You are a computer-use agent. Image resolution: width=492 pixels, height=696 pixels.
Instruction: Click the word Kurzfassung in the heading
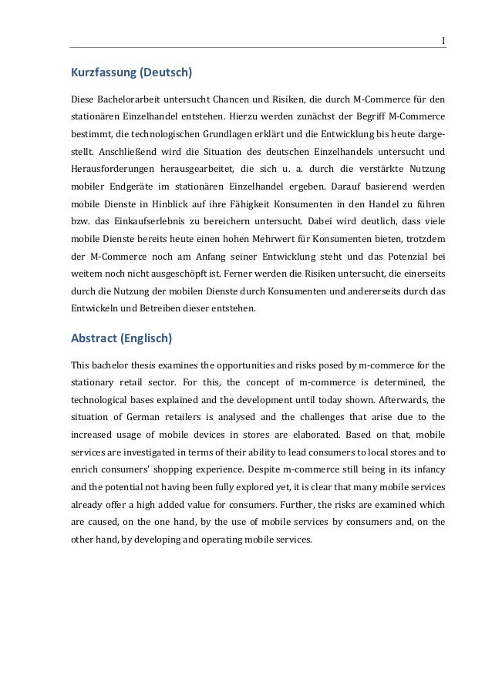point(103,74)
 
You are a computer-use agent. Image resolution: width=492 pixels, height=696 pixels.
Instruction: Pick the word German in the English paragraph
point(140,416)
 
